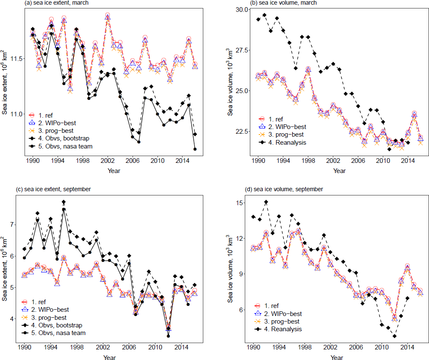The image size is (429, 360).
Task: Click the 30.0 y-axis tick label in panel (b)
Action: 242,9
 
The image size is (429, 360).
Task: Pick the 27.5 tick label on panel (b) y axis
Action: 242,50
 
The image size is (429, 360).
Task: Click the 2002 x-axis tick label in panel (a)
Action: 107,162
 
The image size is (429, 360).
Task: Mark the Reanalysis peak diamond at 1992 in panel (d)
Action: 266,202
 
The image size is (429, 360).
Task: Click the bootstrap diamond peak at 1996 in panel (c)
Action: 64,202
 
